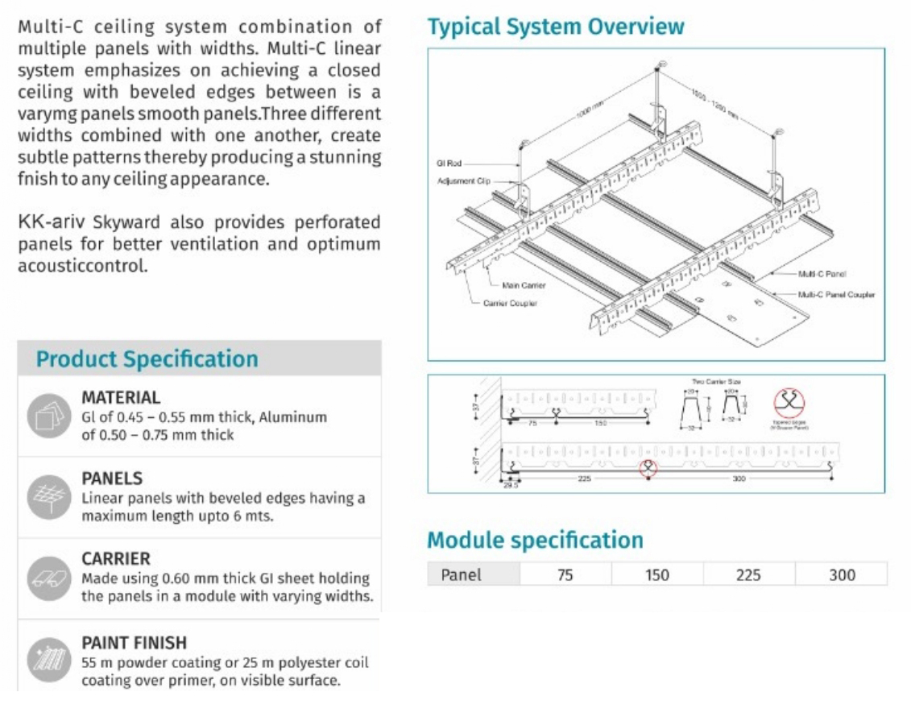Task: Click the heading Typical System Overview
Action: [x=556, y=26]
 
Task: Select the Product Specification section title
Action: [x=147, y=359]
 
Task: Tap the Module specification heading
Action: [x=535, y=540]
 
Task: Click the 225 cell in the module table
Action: [x=748, y=574]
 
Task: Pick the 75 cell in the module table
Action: [x=565, y=574]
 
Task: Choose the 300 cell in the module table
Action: [x=842, y=574]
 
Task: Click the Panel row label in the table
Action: [x=462, y=574]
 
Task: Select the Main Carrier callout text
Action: [x=524, y=285]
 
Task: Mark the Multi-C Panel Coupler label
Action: [x=836, y=294]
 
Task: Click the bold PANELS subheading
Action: [x=112, y=479]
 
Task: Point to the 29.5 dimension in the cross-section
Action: [x=511, y=485]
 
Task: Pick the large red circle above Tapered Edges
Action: [x=789, y=402]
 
